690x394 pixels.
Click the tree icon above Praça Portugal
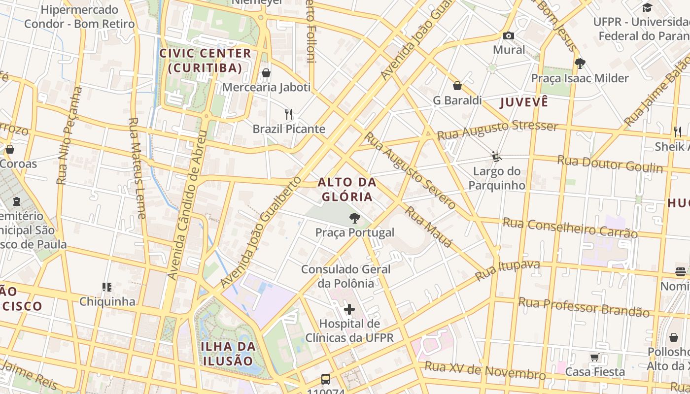(x=354, y=218)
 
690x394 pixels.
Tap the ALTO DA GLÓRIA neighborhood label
(x=347, y=190)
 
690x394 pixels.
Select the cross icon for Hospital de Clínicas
(x=349, y=309)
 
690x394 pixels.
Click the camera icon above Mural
(x=509, y=35)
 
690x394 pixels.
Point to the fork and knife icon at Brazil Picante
(x=289, y=114)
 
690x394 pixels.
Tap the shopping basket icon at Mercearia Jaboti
(x=266, y=73)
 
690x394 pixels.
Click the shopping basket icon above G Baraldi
(x=457, y=86)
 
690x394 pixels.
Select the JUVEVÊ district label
(x=524, y=102)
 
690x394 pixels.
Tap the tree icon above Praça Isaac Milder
(x=580, y=63)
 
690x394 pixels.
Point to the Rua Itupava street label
(x=508, y=270)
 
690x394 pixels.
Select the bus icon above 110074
(x=326, y=379)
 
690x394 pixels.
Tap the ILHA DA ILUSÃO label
(x=228, y=353)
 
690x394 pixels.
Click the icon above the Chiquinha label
(x=107, y=287)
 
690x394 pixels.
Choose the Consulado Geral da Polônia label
(x=346, y=276)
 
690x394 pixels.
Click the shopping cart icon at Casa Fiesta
(x=595, y=357)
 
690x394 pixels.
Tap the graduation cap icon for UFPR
(x=647, y=7)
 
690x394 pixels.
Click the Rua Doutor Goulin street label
(x=610, y=164)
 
